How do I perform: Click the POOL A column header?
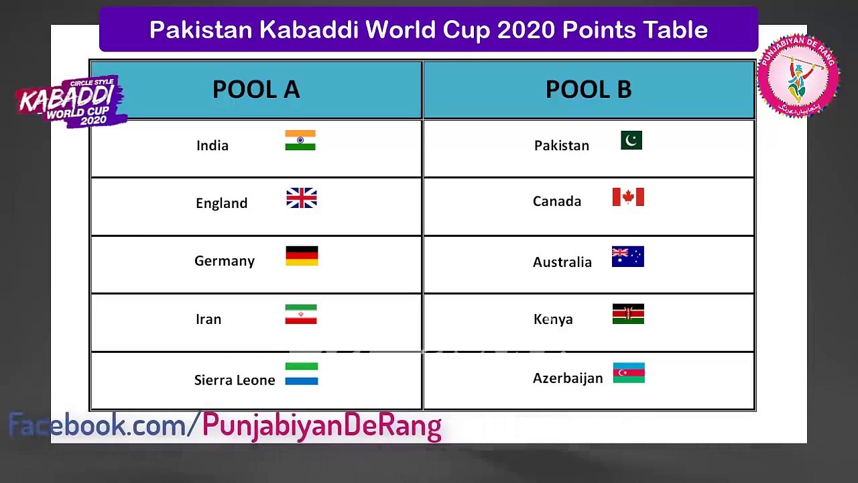pos(255,90)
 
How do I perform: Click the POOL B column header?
pos(588,90)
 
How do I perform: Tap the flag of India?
pos(300,140)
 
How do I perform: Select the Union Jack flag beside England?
pos(302,198)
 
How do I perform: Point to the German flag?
pos(302,256)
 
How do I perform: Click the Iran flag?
pos(300,314)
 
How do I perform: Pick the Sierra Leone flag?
pos(302,374)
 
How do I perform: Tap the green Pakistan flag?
pos(631,140)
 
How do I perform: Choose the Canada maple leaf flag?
pos(628,197)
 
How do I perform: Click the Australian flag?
pos(628,257)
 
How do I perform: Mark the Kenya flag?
pos(628,314)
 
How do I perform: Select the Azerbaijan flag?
pos(629,373)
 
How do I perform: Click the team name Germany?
pos(225,261)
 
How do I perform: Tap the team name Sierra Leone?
pos(235,380)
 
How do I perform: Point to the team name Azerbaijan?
pos(568,378)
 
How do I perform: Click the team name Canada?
pos(557,201)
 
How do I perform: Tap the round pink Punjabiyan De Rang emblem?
pos(798,76)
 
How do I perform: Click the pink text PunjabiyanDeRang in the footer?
pos(322,425)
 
